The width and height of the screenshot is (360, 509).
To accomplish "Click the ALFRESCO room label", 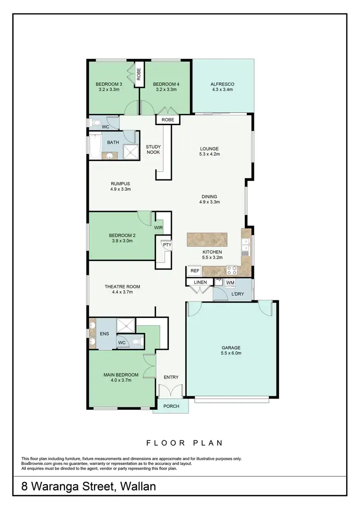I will tap(222, 84).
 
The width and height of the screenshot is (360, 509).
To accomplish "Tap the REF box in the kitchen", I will tap(194, 271).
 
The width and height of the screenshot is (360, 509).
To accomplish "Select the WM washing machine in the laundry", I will tap(230, 283).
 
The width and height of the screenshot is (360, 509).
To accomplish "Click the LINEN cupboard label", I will tap(200, 282).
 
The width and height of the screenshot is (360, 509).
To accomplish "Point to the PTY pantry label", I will tap(167, 245).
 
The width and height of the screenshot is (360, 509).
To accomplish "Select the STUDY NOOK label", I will tap(153, 149).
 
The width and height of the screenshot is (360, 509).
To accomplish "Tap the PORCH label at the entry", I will tap(171, 406).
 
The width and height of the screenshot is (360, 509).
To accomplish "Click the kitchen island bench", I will tap(213, 239).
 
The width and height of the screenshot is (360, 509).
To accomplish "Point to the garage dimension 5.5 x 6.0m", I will tap(231, 353).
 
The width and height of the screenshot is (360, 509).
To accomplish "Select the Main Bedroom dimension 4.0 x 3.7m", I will tap(121, 380).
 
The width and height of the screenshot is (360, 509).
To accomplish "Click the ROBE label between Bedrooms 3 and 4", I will tap(139, 75).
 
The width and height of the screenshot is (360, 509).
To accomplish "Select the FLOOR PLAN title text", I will tap(180, 443).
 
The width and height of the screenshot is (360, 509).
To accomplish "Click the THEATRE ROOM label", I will tap(122, 286).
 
